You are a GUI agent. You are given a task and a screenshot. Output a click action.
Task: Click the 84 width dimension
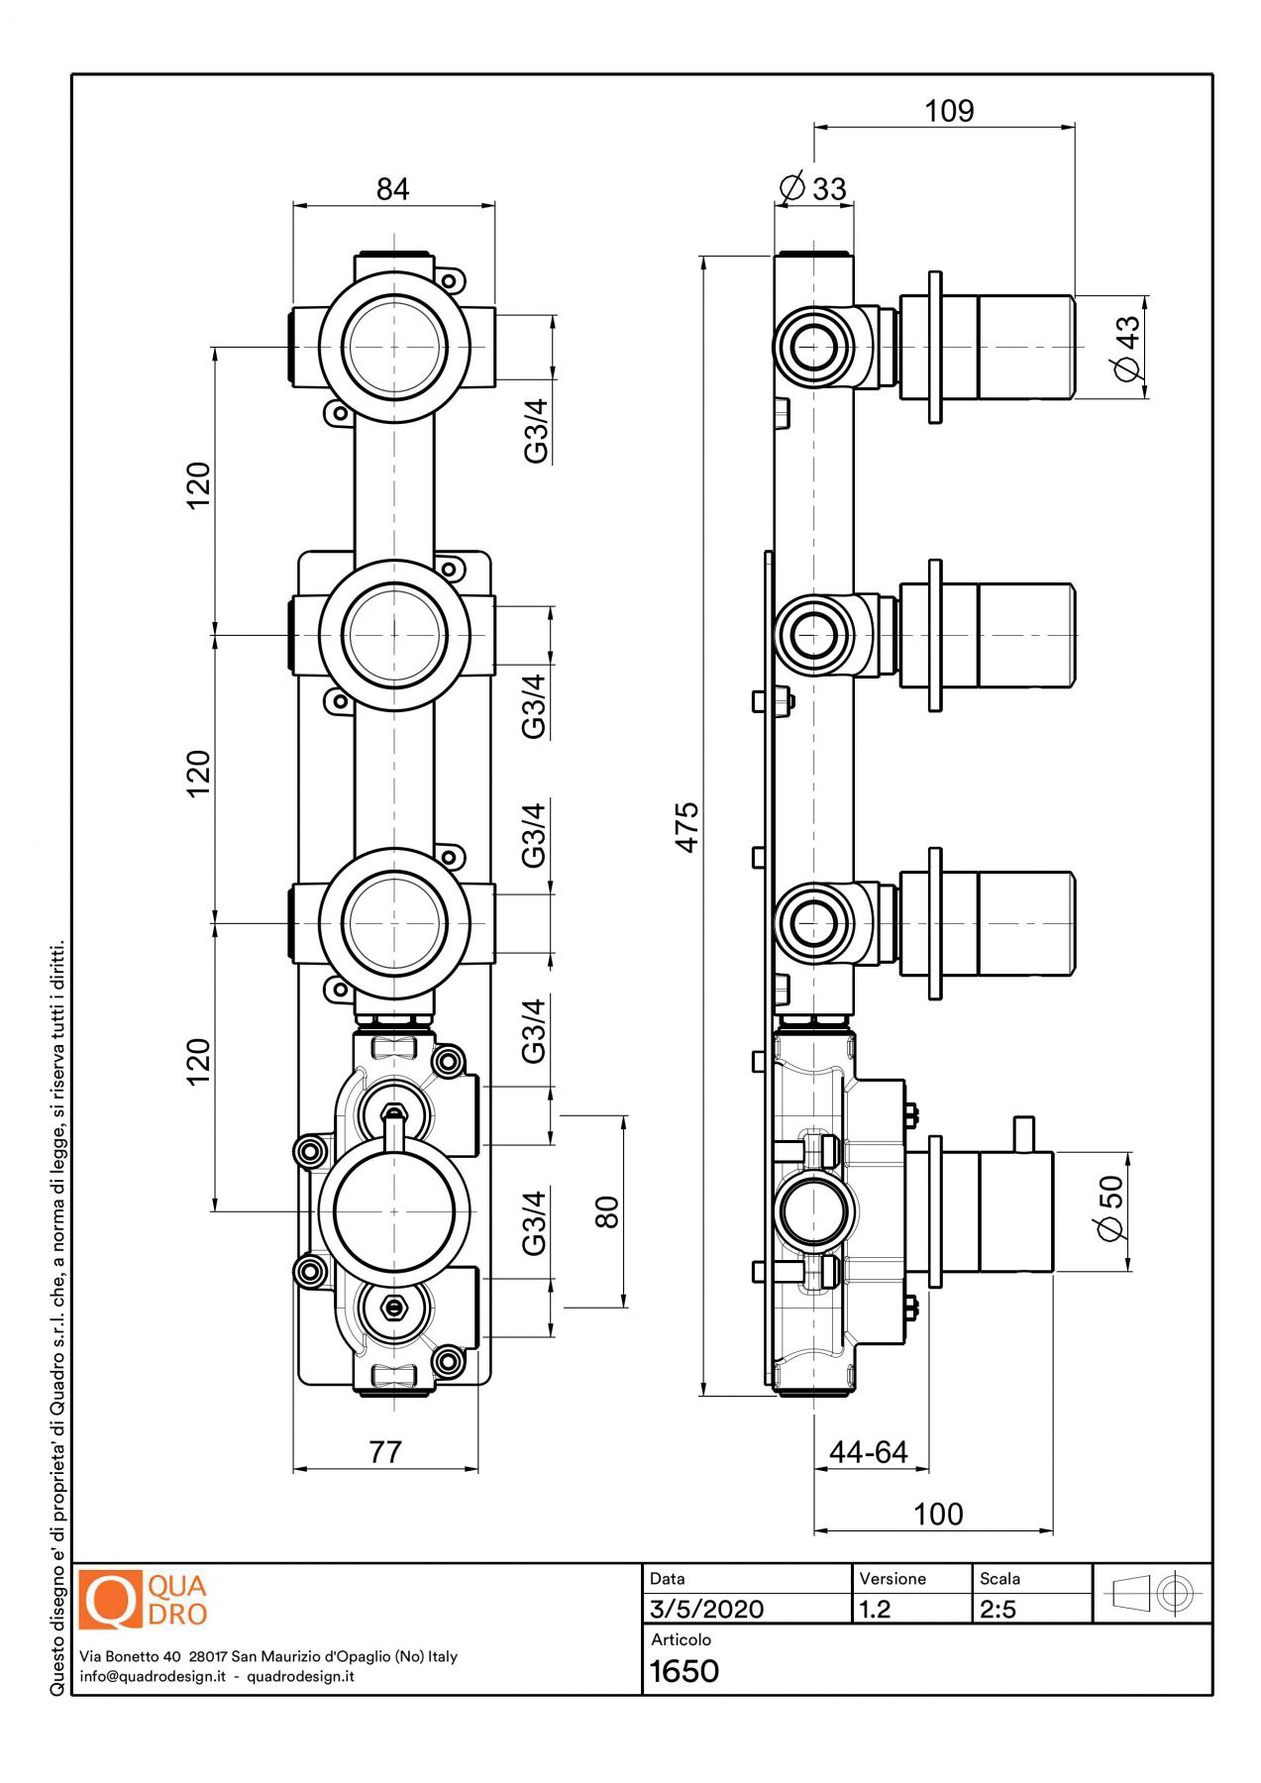(x=392, y=188)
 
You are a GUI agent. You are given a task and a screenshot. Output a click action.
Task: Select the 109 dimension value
(x=949, y=111)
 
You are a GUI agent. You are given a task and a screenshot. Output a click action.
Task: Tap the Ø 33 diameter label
(x=813, y=188)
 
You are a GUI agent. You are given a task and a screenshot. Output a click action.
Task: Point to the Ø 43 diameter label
(x=1127, y=348)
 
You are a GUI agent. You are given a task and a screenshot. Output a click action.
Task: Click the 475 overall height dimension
(x=686, y=827)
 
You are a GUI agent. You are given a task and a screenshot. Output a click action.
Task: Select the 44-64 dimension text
(x=869, y=1452)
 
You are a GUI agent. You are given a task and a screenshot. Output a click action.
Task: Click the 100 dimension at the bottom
(x=937, y=1514)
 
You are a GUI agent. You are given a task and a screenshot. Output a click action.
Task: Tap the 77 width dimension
(x=385, y=1452)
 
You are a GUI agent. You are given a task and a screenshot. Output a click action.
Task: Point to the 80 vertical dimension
(x=607, y=1211)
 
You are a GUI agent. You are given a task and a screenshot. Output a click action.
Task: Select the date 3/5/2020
(x=706, y=1609)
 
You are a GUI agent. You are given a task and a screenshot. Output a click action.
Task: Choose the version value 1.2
(x=875, y=1609)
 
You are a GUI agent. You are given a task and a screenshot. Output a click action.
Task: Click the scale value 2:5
(x=998, y=1609)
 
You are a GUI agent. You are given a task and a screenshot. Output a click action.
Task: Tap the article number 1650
(x=683, y=1672)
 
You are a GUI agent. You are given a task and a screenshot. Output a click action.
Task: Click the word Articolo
(x=681, y=1639)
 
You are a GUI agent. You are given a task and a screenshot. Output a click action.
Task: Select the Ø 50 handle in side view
(x=1015, y=1211)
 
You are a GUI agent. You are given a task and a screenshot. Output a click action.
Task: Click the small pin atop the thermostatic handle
(x=1023, y=1134)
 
